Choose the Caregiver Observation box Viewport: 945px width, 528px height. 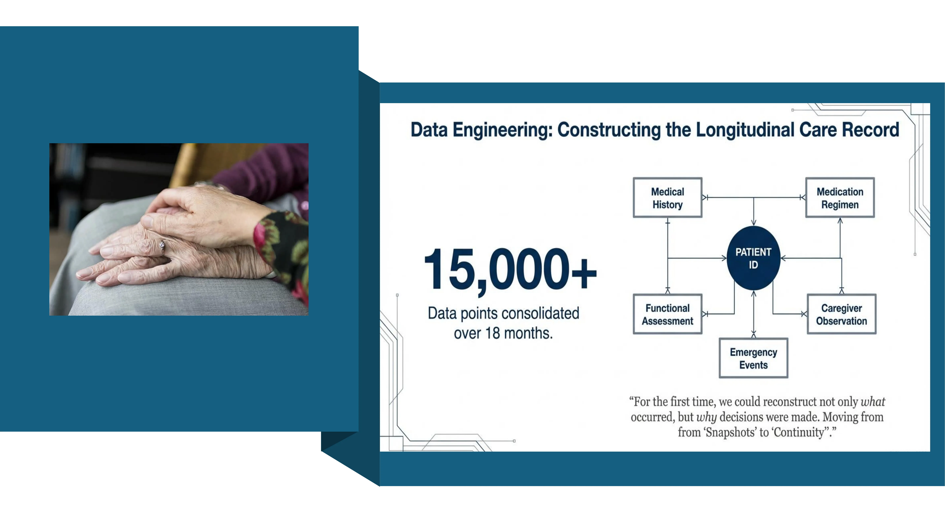pos(842,314)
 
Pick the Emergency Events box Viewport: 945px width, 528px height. pos(754,358)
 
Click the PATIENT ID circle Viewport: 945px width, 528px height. pos(754,258)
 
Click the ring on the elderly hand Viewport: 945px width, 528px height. pos(162,247)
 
